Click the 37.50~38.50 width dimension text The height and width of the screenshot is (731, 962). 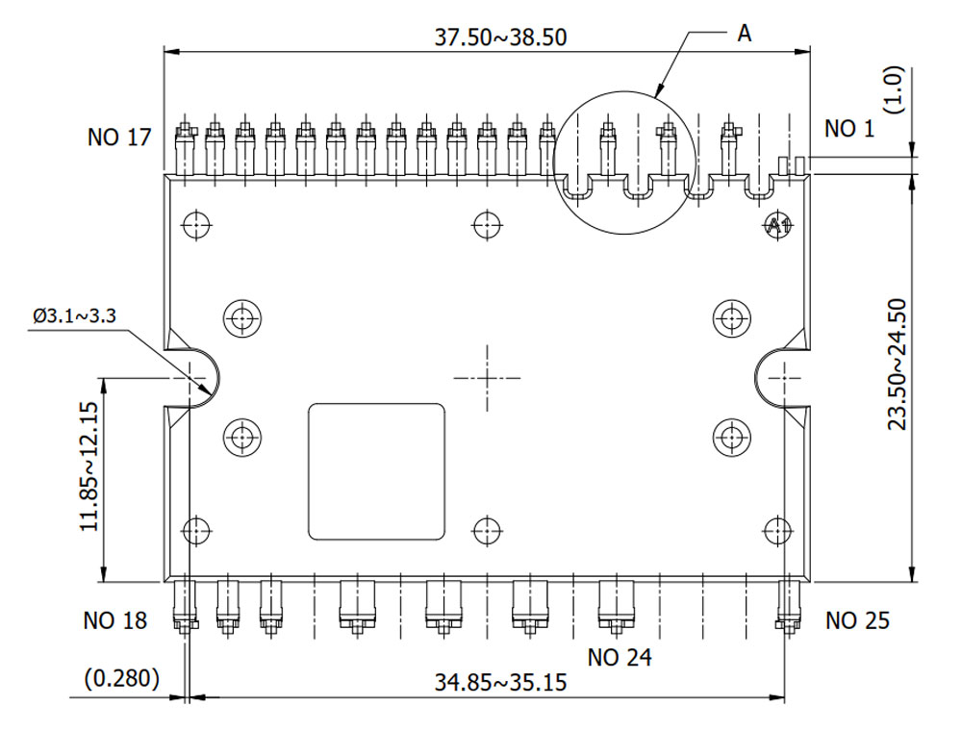pos(500,38)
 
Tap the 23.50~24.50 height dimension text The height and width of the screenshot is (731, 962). pos(896,364)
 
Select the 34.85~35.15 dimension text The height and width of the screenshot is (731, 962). pos(500,683)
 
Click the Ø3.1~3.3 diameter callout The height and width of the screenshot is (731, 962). pos(74,315)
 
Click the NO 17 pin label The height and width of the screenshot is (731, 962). pos(119,138)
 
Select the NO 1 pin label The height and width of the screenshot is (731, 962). pos(849,128)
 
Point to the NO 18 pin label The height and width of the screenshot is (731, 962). pos(115,620)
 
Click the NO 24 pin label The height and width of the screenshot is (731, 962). pos(620,658)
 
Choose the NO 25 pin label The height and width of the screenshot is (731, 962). pos(857,620)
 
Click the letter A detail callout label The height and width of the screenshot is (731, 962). pos(744,33)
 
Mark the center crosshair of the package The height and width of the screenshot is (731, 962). pos(487,378)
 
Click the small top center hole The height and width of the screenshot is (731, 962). pos(487,225)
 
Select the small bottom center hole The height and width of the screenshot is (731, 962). pos(487,529)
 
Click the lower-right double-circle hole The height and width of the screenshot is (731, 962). pos(732,437)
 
